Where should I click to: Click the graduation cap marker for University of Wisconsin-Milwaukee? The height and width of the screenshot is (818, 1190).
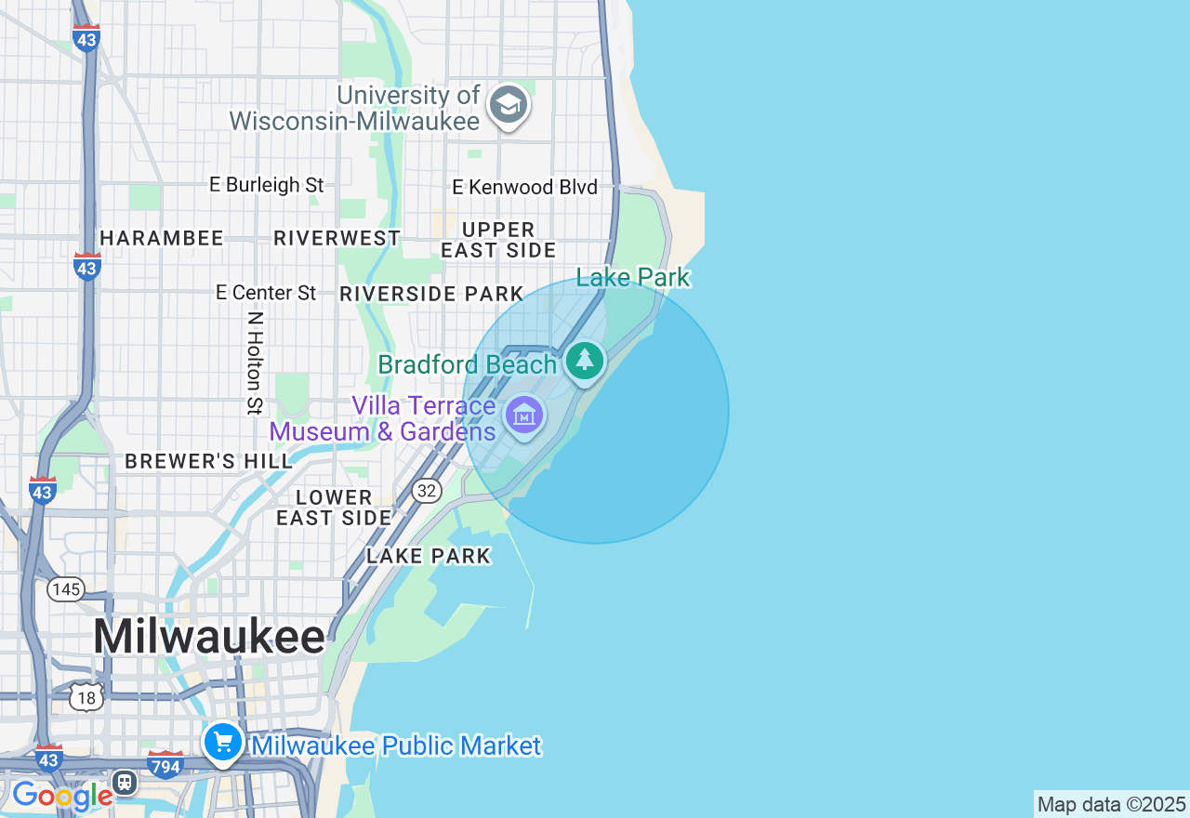(x=508, y=105)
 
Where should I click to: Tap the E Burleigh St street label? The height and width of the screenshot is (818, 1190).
(x=266, y=185)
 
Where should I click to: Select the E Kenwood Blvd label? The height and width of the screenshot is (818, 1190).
(x=524, y=187)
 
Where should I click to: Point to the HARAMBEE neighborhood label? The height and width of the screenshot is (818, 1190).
(x=162, y=239)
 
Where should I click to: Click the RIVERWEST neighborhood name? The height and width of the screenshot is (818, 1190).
(x=337, y=239)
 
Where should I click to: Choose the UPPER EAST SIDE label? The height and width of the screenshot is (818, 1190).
(x=498, y=240)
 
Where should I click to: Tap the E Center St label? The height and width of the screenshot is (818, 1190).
(x=266, y=293)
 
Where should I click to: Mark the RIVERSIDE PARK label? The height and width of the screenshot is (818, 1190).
(x=431, y=295)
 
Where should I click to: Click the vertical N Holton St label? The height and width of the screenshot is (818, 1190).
(x=255, y=363)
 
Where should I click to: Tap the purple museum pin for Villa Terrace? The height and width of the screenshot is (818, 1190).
(x=524, y=416)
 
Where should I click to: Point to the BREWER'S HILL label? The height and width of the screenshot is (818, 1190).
(x=208, y=462)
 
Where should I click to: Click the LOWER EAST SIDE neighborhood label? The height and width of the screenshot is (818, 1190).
(x=334, y=508)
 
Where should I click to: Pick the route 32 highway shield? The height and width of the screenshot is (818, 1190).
(x=426, y=491)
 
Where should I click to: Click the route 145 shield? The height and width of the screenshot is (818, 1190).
(x=66, y=589)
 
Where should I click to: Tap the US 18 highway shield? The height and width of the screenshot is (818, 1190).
(x=86, y=696)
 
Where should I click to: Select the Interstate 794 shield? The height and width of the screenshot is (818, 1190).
(x=165, y=764)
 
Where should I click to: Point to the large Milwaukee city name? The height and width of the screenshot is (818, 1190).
(x=209, y=638)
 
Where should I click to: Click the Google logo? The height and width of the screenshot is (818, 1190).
(x=61, y=796)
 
